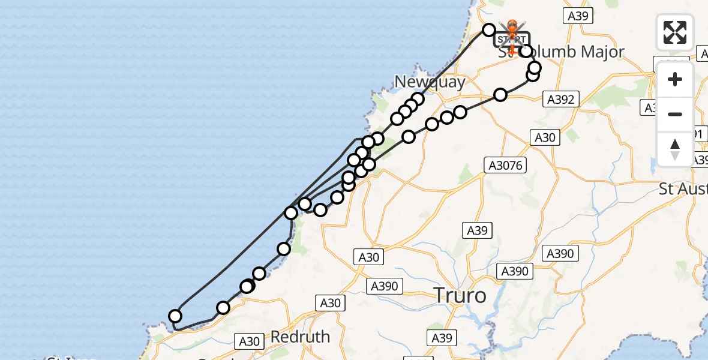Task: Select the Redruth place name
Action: [x=300, y=337]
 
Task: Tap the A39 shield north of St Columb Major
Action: [x=577, y=16]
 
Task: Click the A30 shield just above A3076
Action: [x=545, y=137]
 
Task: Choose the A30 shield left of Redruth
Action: [x=249, y=342]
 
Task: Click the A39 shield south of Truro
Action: [x=442, y=338]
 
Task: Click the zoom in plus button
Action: [x=675, y=79]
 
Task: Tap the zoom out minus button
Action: [x=675, y=114]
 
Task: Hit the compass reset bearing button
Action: [x=675, y=149]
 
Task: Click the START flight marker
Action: [x=512, y=40]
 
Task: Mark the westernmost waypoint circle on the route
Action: [x=175, y=316]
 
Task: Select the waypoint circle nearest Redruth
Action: [x=223, y=308]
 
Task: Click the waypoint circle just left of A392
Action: [x=500, y=94]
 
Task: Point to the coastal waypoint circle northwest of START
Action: [x=489, y=30]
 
